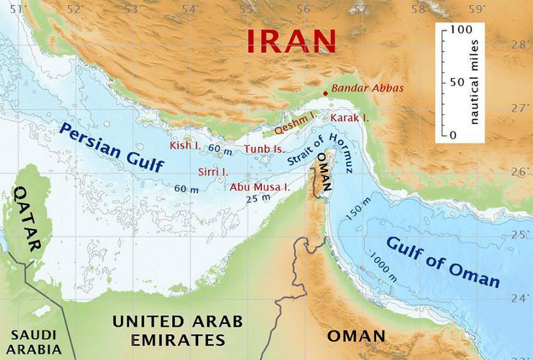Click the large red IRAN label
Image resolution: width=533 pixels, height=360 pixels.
pyautogui.click(x=291, y=40)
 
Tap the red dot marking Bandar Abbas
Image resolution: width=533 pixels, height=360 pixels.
pyautogui.click(x=325, y=93)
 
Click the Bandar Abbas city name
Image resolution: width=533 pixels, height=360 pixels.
pyautogui.click(x=367, y=88)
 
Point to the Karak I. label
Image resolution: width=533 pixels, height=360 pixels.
pyautogui.click(x=349, y=118)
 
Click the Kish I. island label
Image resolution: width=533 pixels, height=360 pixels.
pyautogui.click(x=185, y=145)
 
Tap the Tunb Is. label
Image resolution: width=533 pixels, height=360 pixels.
pyautogui.click(x=264, y=149)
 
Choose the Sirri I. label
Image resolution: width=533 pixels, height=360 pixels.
pyautogui.click(x=213, y=171)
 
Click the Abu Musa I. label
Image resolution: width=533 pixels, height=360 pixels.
pyautogui.click(x=260, y=187)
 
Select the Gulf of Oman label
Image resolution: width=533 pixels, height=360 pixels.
pyautogui.click(x=442, y=261)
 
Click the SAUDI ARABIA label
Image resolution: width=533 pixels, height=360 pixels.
pyautogui.click(x=34, y=342)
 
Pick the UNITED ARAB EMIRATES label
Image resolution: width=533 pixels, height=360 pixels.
pyautogui.click(x=177, y=330)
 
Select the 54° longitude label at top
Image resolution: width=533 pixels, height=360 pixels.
pyautogui.click(x=189, y=9)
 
